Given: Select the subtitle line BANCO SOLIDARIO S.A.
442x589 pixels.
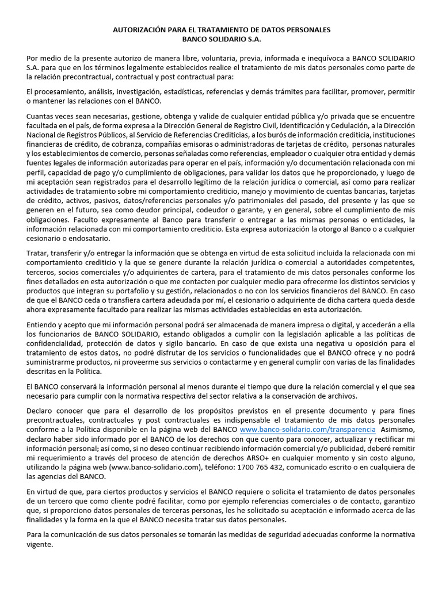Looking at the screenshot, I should coord(222,39).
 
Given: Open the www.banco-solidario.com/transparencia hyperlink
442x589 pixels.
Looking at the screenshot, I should coord(308,430).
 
